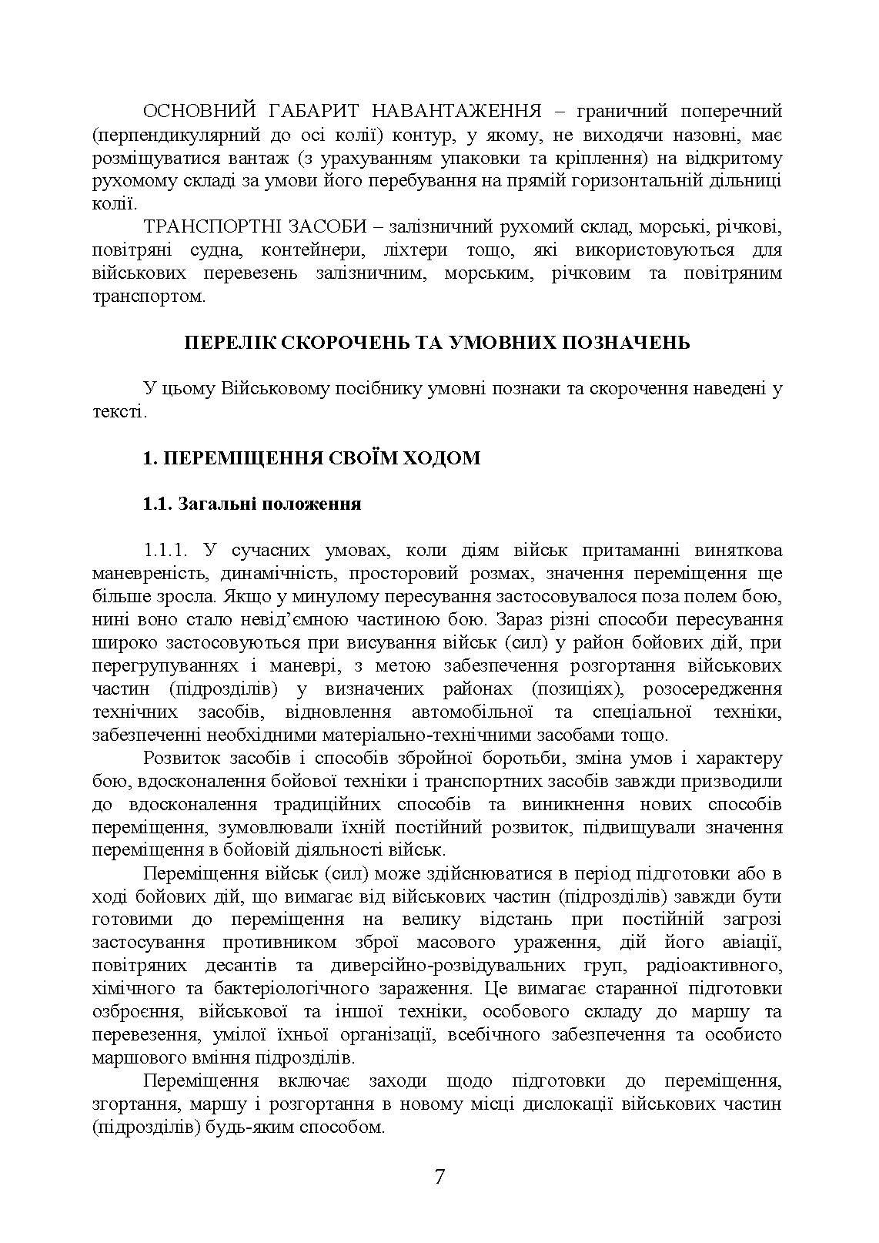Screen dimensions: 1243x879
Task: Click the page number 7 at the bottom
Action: pos(439,1177)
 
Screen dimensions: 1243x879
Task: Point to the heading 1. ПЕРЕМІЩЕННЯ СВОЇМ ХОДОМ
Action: pos(312,458)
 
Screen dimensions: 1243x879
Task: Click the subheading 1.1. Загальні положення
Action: pos(252,504)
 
